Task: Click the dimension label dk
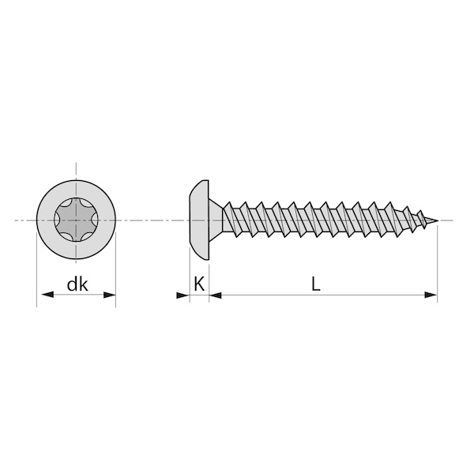point(77,285)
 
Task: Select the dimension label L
point(315,284)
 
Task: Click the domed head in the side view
point(200,220)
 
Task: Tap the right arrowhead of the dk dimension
point(108,295)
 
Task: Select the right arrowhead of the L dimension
point(430,295)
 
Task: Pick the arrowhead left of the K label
point(182,295)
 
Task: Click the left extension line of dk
point(38,269)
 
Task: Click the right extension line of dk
point(115,269)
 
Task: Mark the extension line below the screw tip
point(437,261)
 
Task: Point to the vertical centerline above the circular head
point(77,170)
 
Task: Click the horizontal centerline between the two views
point(150,220)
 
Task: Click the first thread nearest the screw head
point(230,219)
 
